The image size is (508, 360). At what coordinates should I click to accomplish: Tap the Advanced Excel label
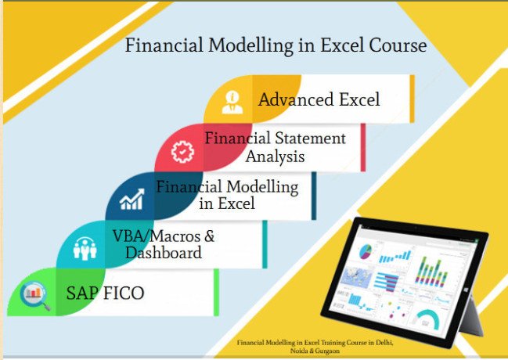pos(319,99)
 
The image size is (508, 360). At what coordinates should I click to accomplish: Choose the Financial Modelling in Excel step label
pos(227,195)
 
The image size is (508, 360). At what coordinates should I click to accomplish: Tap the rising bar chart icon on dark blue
pos(131,200)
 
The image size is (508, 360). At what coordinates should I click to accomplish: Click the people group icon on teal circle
pos(83,249)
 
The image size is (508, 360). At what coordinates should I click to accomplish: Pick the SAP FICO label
pos(106,293)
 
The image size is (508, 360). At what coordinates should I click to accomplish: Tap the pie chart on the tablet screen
pos(365,252)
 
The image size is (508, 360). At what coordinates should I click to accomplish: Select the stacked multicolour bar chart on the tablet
pos(431,275)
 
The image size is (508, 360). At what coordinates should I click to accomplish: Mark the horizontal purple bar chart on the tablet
pos(389,281)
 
